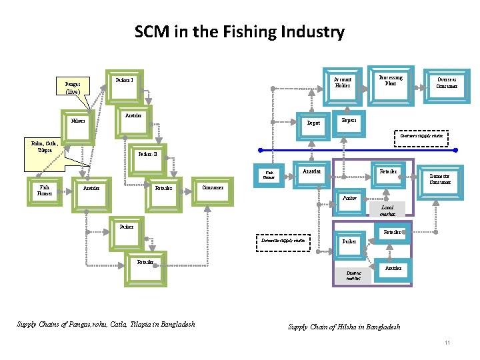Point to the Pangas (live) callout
click(73, 89)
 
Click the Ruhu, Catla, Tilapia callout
click(44, 146)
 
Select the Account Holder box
click(342, 83)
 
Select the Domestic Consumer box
click(440, 180)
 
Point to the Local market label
click(387, 211)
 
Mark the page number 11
click(448, 343)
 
